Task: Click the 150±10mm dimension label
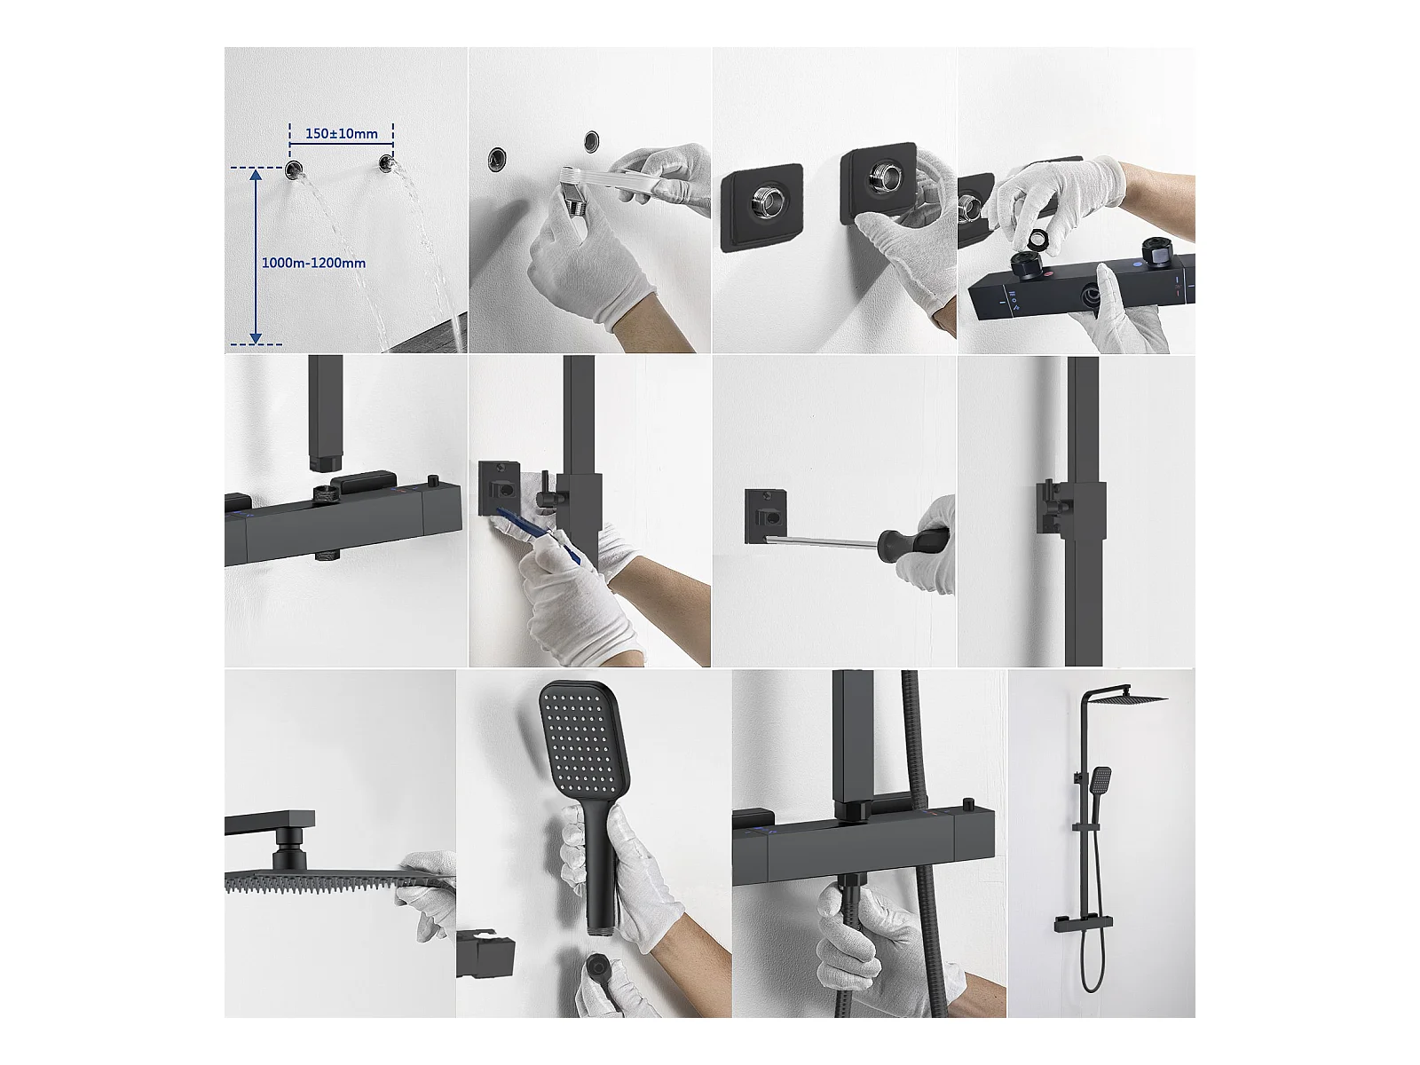pos(341,134)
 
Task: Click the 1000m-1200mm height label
pos(314,264)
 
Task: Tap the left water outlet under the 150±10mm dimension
pos(294,170)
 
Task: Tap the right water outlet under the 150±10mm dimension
pos(386,162)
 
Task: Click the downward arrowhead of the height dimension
pos(256,337)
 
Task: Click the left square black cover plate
pos(762,208)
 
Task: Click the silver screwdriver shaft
pos(822,540)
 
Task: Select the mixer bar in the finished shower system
pos(1084,926)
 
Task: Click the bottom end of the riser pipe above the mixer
pos(326,464)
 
